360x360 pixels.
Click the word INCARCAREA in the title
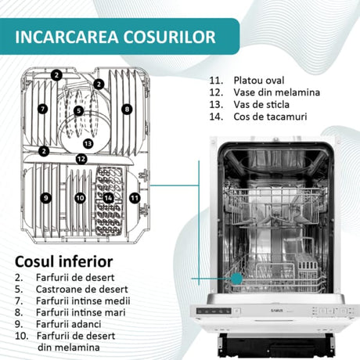[x=67, y=37]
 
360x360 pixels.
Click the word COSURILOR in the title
[x=170, y=37]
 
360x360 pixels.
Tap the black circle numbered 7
[x=43, y=109]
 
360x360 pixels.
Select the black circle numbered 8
[x=127, y=109]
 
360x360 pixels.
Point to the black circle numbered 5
[x=78, y=110]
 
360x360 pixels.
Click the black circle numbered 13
[x=88, y=143]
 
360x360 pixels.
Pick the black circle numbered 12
[x=81, y=159]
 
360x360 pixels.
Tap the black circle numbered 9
[x=46, y=198]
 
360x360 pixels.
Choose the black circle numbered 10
[x=80, y=198]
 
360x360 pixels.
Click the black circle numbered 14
[x=108, y=198]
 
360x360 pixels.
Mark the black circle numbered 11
[x=135, y=198]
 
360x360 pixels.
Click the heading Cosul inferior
[x=64, y=261]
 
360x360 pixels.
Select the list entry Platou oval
[x=259, y=81]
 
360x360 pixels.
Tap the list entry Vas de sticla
[x=261, y=105]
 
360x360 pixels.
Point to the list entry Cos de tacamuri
[x=270, y=117]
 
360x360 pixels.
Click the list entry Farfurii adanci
[x=69, y=324]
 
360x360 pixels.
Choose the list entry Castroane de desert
[x=82, y=290]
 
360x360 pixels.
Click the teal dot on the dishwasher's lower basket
[x=237, y=279]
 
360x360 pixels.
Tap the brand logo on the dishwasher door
[x=277, y=311]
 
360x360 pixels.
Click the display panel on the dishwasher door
[x=214, y=311]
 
